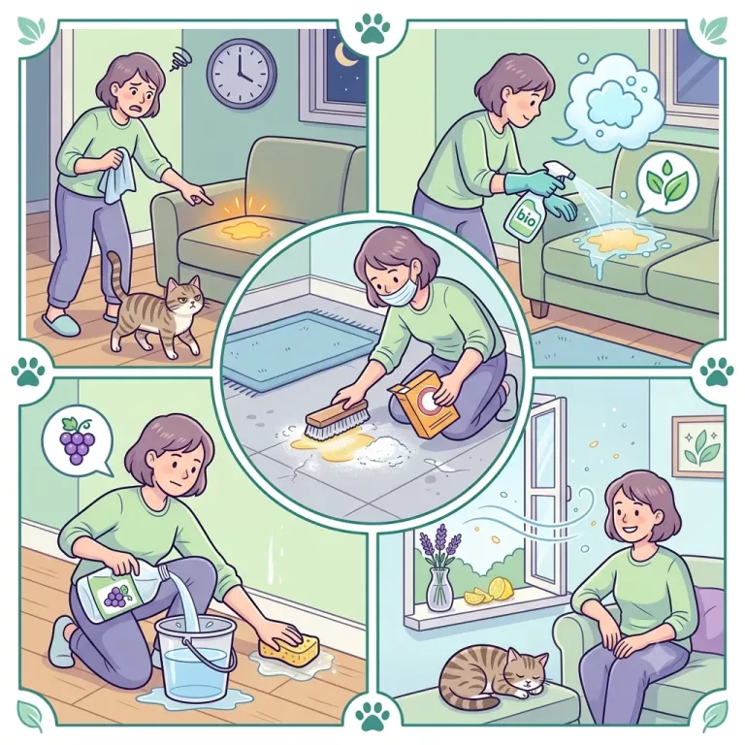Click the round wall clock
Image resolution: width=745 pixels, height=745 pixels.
coord(242,72)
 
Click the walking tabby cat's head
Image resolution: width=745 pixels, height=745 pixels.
coord(182,297)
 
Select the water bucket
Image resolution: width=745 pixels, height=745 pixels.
coord(197,662)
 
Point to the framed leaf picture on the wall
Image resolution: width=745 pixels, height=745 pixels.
coord(698,446)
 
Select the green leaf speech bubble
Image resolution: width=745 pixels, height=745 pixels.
coord(667,183)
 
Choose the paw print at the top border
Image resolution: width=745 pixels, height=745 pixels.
coord(372,27)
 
